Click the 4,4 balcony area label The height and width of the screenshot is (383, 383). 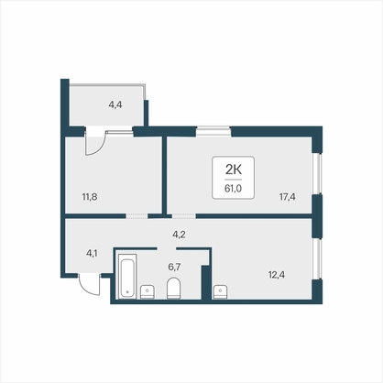[x=115, y=105]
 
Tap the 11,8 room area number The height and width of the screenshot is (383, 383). [x=90, y=197]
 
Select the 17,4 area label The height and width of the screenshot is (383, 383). [x=287, y=197]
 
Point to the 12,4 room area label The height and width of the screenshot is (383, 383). [x=277, y=275]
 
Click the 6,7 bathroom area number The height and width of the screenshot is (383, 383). [x=174, y=267]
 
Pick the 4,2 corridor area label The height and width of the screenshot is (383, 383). [x=179, y=235]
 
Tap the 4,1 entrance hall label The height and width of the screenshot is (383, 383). [x=92, y=253]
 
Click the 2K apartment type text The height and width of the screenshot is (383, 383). [x=234, y=169]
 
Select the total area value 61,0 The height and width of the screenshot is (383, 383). [x=233, y=189]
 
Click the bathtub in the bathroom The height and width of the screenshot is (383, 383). [x=127, y=276]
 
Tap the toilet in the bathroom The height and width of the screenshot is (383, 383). [x=173, y=288]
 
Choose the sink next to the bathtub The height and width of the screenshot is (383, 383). [x=148, y=291]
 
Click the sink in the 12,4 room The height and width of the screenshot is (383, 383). [x=220, y=291]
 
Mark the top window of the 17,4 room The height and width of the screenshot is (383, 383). [x=213, y=131]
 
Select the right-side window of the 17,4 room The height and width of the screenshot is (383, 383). [x=318, y=173]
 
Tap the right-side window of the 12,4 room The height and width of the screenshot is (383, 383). [x=318, y=258]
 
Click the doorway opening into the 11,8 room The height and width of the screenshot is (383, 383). [x=137, y=216]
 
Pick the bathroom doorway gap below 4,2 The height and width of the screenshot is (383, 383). [x=167, y=248]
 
